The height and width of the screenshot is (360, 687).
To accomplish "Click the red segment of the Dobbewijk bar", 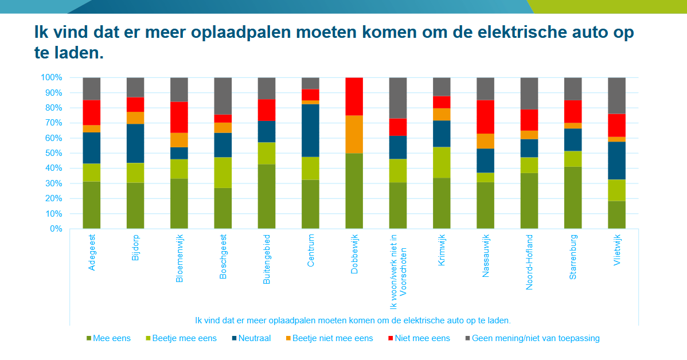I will pyautogui.click(x=354, y=96).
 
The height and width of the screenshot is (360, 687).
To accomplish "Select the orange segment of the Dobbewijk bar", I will pyautogui.click(x=354, y=134).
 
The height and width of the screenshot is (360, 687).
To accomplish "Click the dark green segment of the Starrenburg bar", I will pyautogui.click(x=573, y=198).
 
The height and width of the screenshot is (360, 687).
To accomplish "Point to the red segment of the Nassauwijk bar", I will pyautogui.click(x=485, y=117).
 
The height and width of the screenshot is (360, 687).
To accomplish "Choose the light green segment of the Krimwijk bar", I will pyautogui.click(x=442, y=162).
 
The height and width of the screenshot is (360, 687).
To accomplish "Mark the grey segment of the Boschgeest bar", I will pyautogui.click(x=223, y=96).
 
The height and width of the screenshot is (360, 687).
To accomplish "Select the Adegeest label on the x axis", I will pyautogui.click(x=92, y=252).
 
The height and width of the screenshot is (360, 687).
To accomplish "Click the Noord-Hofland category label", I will pyautogui.click(x=529, y=262).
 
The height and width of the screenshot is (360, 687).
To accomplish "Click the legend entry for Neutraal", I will pyautogui.click(x=252, y=338).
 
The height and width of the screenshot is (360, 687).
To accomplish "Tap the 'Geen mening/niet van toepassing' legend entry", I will pyautogui.click(x=535, y=338).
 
